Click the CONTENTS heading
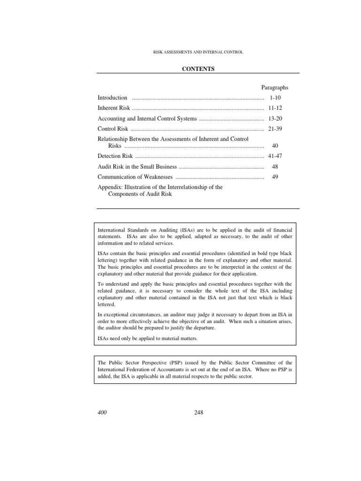click(198, 69)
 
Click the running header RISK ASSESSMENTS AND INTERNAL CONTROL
click(198, 52)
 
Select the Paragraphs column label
click(275, 87)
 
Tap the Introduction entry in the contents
click(112, 98)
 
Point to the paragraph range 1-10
click(275, 98)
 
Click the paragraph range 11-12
click(275, 108)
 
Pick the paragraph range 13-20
click(275, 118)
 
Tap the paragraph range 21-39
click(275, 129)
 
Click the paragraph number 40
click(275, 146)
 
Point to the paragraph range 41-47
click(275, 156)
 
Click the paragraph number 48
click(275, 166)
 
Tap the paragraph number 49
click(275, 177)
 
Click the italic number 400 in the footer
click(102, 412)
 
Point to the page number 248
click(198, 412)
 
